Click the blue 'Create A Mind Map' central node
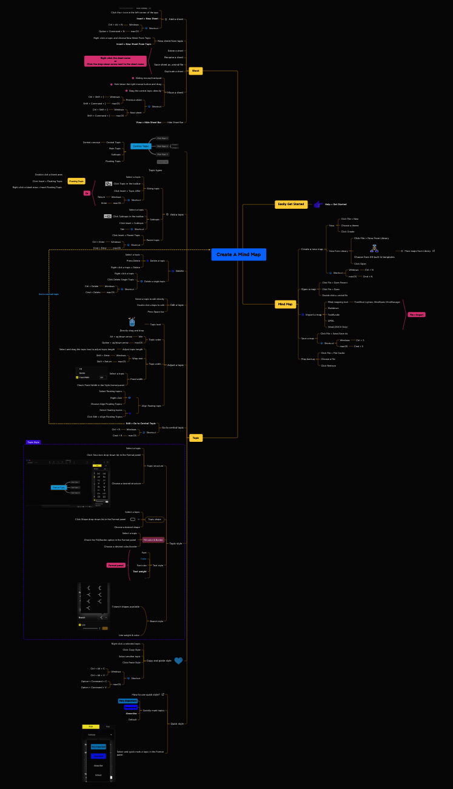tap(238, 254)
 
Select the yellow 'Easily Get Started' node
tap(291, 204)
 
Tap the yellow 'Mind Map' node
tap(285, 304)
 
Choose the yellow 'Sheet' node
tap(195, 71)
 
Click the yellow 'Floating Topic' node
tap(76, 181)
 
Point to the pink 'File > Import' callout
tap(417, 314)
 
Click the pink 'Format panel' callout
tap(116, 565)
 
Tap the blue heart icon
tap(178, 660)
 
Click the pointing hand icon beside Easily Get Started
tap(317, 204)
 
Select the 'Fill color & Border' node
tap(153, 540)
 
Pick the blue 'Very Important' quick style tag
tap(128, 700)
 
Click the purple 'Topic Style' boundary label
tap(33, 442)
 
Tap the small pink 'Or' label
tap(87, 193)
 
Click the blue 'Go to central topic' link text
tap(49, 294)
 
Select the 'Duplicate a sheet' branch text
tap(173, 71)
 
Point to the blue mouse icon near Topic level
tap(132, 321)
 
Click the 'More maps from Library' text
tap(418, 251)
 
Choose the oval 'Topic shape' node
tap(155, 520)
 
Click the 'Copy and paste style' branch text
tap(158, 660)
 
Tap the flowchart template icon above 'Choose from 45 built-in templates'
tap(374, 248)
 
